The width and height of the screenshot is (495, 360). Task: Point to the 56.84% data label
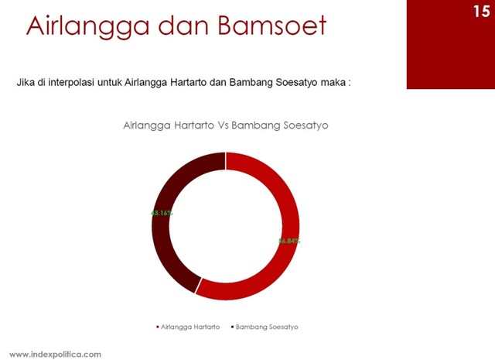(289, 241)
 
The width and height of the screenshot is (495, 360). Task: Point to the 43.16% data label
(162, 211)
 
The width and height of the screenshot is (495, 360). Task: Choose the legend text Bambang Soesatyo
(267, 327)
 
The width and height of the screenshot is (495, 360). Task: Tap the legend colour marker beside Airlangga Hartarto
(158, 327)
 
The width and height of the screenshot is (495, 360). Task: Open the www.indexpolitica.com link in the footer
(55, 354)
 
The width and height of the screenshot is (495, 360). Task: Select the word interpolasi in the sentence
(78, 82)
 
